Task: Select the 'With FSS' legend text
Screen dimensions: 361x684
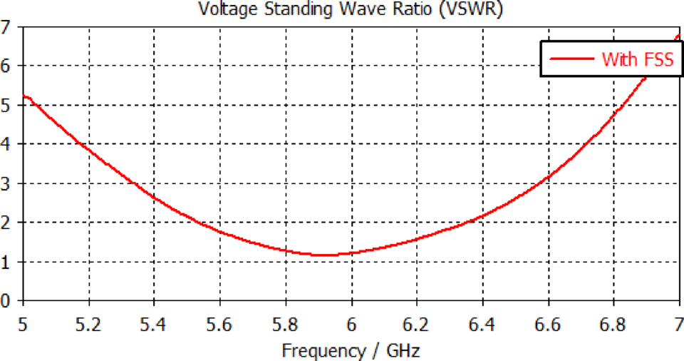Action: [x=638, y=59]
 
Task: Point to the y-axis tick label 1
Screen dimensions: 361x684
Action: [x=6, y=262]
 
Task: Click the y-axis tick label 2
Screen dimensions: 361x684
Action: [x=6, y=223]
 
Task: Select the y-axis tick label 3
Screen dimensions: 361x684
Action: [x=6, y=183]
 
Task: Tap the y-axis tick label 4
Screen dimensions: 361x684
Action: [x=6, y=144]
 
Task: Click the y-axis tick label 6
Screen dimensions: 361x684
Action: [x=6, y=66]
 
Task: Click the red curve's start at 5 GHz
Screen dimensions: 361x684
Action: [x=24, y=96]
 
